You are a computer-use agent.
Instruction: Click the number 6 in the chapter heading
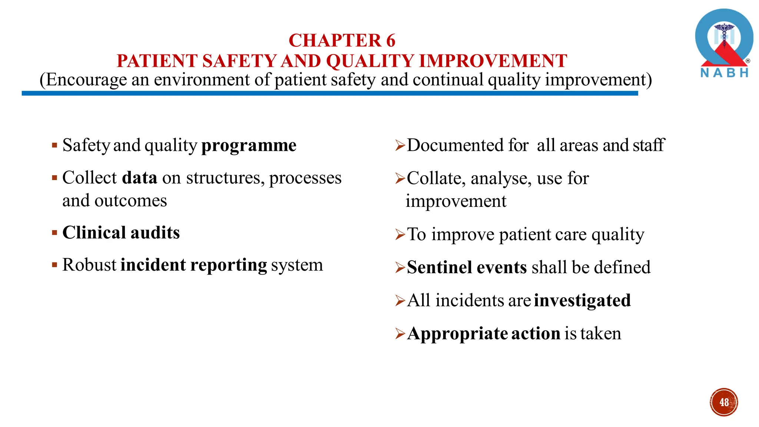390,40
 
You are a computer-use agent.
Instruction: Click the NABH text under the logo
724,73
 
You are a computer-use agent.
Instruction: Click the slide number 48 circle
724,402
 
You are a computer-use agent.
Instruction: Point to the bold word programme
249,145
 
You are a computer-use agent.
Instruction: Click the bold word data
140,178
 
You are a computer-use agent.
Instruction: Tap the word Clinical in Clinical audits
94,233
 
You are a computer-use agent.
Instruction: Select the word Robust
89,265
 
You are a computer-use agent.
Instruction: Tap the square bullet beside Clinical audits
54,233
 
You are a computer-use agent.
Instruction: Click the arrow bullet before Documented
400,145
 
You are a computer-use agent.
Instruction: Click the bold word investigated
582,301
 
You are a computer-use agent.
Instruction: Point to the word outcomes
130,201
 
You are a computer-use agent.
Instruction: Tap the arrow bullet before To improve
400,235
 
